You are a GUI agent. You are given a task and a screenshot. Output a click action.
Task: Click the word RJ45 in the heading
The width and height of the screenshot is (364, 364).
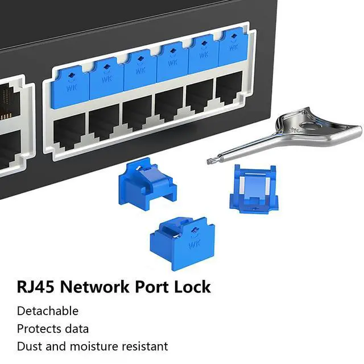point(36,287)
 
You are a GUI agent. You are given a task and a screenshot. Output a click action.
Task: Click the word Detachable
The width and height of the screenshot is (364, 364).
point(48,311)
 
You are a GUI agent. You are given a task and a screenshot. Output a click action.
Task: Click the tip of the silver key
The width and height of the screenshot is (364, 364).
point(210,161)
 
